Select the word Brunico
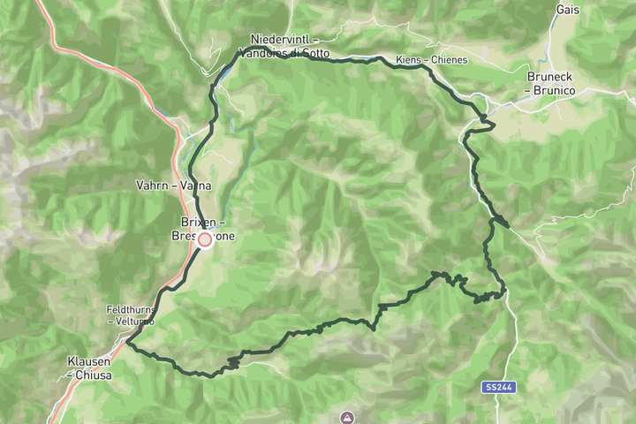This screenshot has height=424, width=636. tap(553, 90)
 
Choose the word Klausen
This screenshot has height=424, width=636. tap(87, 362)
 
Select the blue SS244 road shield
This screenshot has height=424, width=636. tap(498, 387)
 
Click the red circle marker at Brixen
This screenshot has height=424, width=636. tap(205, 239)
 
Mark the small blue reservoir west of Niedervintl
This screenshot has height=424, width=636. tap(223, 72)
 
